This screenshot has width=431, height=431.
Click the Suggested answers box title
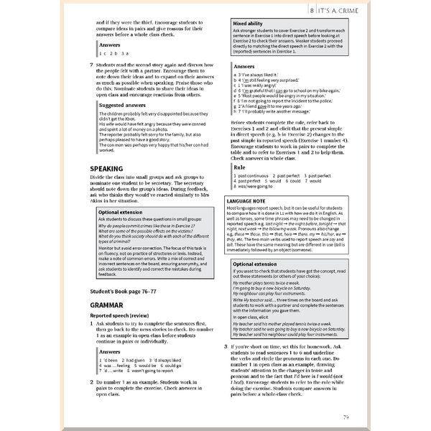124,105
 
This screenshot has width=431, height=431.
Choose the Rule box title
240,167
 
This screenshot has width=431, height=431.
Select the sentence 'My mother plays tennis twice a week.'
267,284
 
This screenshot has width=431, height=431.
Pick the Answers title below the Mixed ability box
245,65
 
